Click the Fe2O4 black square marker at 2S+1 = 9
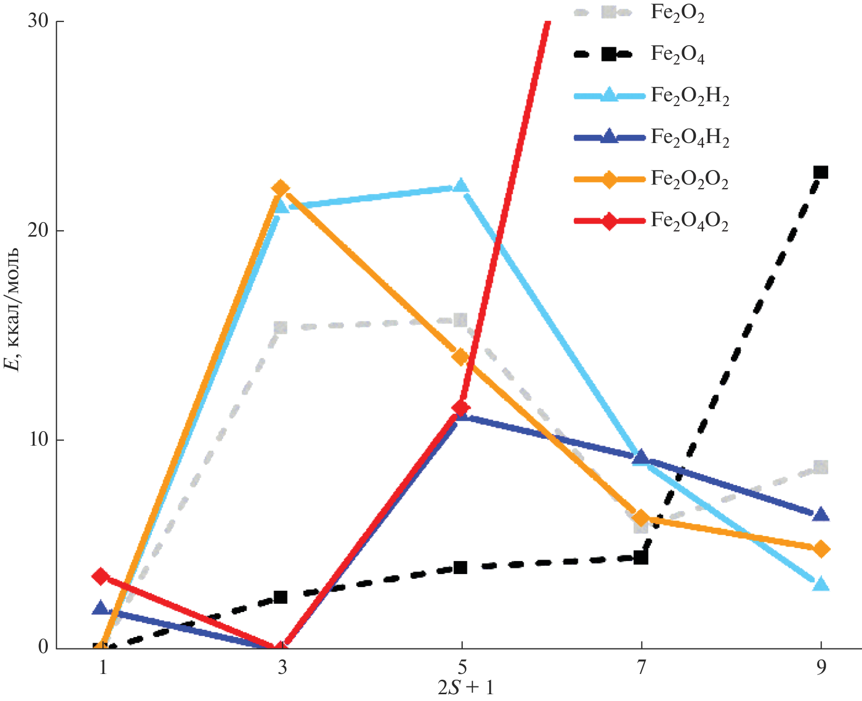pyautogui.click(x=820, y=172)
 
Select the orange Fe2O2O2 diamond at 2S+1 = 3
pyautogui.click(x=281, y=188)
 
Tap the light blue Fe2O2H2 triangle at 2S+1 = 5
pyautogui.click(x=461, y=186)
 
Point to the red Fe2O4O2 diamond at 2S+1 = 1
pyautogui.click(x=101, y=576)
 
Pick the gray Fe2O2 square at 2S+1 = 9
pyautogui.click(x=820, y=466)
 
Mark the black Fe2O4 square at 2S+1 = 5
pyautogui.click(x=461, y=567)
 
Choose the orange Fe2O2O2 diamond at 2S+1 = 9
pyautogui.click(x=820, y=549)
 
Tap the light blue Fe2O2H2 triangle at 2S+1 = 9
pyautogui.click(x=820, y=583)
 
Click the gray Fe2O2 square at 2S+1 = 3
pyautogui.click(x=281, y=328)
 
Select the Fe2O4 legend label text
pyautogui.click(x=677, y=55)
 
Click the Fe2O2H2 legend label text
pyautogui.click(x=690, y=96)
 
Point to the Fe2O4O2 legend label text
pyautogui.click(x=689, y=222)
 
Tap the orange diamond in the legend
pyautogui.click(x=609, y=179)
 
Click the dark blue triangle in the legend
pyautogui.click(x=609, y=137)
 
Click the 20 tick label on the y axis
pyautogui.click(x=38, y=231)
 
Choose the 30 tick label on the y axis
pyautogui.click(x=38, y=22)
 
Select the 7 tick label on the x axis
pyautogui.click(x=641, y=668)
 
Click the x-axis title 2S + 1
pyautogui.click(x=465, y=688)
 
